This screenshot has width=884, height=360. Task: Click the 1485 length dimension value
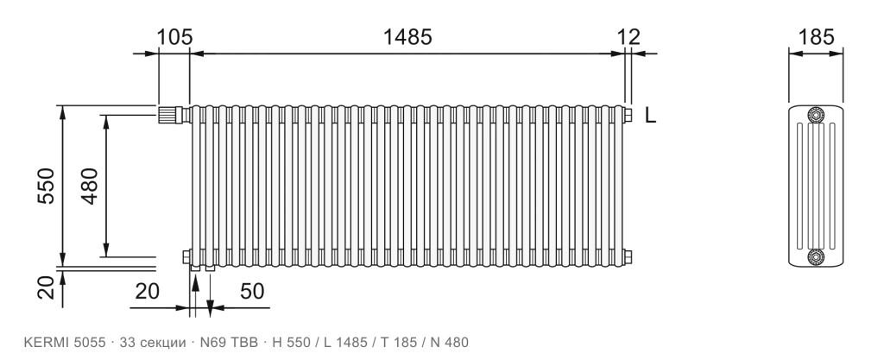pyautogui.click(x=407, y=37)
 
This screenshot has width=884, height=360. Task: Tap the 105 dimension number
pyautogui.click(x=174, y=37)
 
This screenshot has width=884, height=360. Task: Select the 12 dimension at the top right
pyautogui.click(x=628, y=37)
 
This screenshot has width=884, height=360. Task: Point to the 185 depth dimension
pyautogui.click(x=816, y=37)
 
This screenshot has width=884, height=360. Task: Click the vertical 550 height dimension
pyautogui.click(x=46, y=186)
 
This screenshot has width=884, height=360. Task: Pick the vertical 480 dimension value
pyautogui.click(x=90, y=186)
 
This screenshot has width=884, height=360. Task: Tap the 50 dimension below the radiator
pyautogui.click(x=252, y=291)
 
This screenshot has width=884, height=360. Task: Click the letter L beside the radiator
pyautogui.click(x=651, y=116)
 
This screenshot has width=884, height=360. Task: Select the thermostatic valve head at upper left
pyautogui.click(x=168, y=115)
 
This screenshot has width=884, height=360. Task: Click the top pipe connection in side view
pyautogui.click(x=816, y=115)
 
